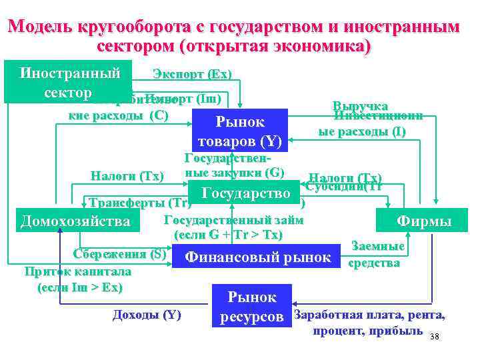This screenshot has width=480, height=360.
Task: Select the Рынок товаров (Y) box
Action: (x=240, y=131)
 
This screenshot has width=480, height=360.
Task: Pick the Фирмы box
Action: (x=423, y=221)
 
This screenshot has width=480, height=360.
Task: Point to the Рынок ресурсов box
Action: (x=252, y=307)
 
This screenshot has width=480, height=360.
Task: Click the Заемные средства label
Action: (x=377, y=255)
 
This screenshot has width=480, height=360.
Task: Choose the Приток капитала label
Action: (x=77, y=272)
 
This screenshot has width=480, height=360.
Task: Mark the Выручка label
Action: (x=361, y=105)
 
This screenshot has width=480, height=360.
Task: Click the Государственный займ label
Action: (x=233, y=221)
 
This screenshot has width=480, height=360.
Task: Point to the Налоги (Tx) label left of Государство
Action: (x=127, y=176)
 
